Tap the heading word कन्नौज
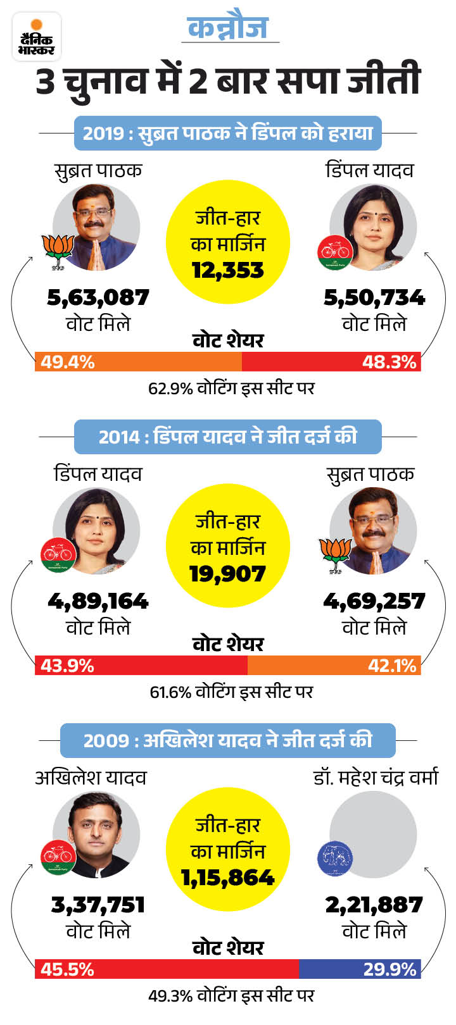tap(229, 27)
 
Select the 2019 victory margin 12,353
tap(227, 270)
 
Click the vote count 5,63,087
tap(98, 297)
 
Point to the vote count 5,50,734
tap(374, 297)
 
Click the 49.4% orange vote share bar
tap(138, 362)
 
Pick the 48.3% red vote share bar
tap(331, 362)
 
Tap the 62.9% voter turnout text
tap(231, 388)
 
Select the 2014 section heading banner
tap(228, 437)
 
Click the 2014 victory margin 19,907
tap(227, 574)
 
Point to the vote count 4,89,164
tap(98, 601)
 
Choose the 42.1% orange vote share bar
tap(334, 666)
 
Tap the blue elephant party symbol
tap(334, 859)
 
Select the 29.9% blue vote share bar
tap(359, 969)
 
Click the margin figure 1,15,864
tap(227, 878)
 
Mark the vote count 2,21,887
tap(374, 905)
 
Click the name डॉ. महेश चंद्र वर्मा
tap(376, 778)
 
